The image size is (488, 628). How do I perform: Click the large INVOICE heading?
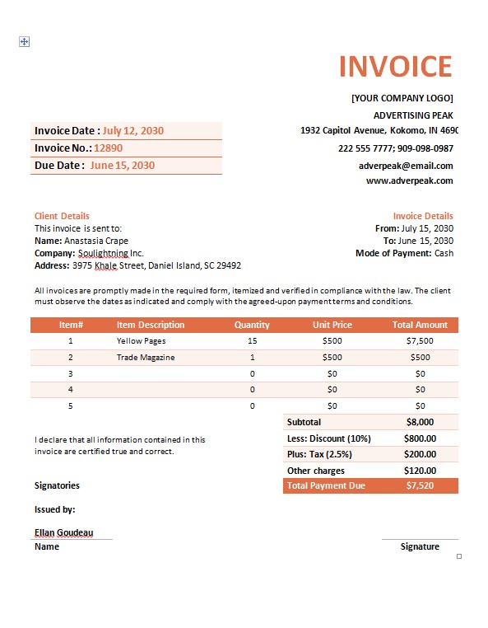[395, 67]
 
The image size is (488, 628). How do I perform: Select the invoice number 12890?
[108, 148]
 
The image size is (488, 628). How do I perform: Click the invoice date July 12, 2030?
[132, 130]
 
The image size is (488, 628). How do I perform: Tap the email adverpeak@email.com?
[406, 165]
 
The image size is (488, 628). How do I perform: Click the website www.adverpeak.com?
[409, 180]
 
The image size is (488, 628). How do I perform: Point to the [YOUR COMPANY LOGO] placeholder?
[402, 98]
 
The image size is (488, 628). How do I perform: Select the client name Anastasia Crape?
[96, 241]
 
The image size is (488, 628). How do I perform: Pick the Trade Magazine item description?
[146, 357]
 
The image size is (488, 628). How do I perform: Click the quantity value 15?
[252, 340]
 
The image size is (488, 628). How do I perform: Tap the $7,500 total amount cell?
[420, 340]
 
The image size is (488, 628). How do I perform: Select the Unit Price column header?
[332, 325]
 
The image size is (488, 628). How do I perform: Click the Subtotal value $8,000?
[420, 422]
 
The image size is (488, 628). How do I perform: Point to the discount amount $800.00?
[420, 438]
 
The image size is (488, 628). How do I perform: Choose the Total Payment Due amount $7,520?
[420, 486]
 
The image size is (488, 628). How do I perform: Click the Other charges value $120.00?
[420, 471]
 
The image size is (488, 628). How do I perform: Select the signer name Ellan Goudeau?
[63, 532]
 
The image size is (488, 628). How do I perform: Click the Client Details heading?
[62, 216]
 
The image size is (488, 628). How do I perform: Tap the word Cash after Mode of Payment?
[444, 253]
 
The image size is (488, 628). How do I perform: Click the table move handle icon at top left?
[24, 41]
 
